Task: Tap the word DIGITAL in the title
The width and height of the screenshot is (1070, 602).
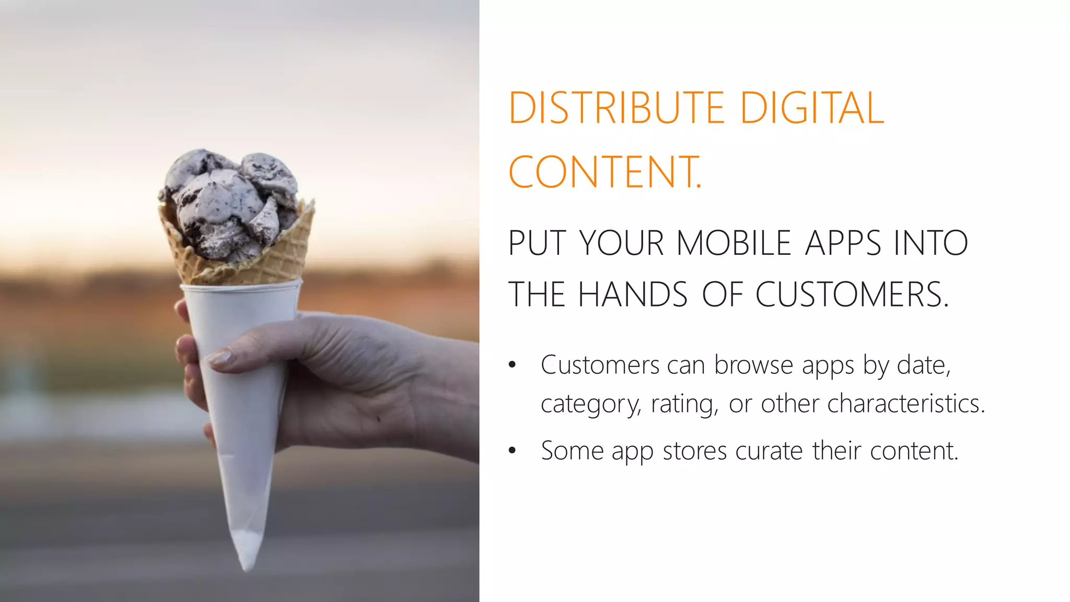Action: pyautogui.click(x=812, y=108)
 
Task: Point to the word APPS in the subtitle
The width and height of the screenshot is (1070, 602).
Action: pyautogui.click(x=843, y=243)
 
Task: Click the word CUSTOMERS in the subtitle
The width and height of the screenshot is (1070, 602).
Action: pyautogui.click(x=851, y=294)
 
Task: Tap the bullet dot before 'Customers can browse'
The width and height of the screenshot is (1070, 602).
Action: pyautogui.click(x=512, y=365)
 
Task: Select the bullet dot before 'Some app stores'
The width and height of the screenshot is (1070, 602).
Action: pyautogui.click(x=512, y=450)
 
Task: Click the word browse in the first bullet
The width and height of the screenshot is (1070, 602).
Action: pyautogui.click(x=753, y=365)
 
